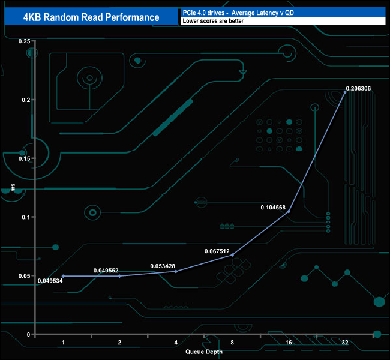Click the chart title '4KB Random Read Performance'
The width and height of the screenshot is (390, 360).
click(91, 17)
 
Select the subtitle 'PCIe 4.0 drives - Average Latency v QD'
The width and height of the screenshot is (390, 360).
click(240, 13)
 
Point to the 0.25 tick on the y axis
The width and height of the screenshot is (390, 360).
click(24, 41)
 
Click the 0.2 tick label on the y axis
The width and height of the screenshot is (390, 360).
click(26, 100)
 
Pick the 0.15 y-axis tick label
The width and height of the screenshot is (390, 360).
click(24, 158)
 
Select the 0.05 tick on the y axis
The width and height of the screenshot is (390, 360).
click(24, 276)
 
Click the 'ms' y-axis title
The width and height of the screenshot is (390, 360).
click(14, 188)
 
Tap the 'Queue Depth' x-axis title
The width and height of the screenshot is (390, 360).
click(203, 352)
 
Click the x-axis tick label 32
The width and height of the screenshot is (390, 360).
click(344, 343)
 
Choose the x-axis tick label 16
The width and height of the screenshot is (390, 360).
click(289, 343)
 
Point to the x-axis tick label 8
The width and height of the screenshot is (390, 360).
click(232, 343)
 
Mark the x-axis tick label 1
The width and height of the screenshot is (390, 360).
click(63, 343)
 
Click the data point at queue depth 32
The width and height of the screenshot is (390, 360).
click(345, 92)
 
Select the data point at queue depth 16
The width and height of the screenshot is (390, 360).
click(289, 211)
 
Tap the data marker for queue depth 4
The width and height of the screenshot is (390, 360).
click(176, 271)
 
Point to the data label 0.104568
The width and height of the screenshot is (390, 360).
click(272, 208)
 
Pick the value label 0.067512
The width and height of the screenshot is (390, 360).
click(217, 251)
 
